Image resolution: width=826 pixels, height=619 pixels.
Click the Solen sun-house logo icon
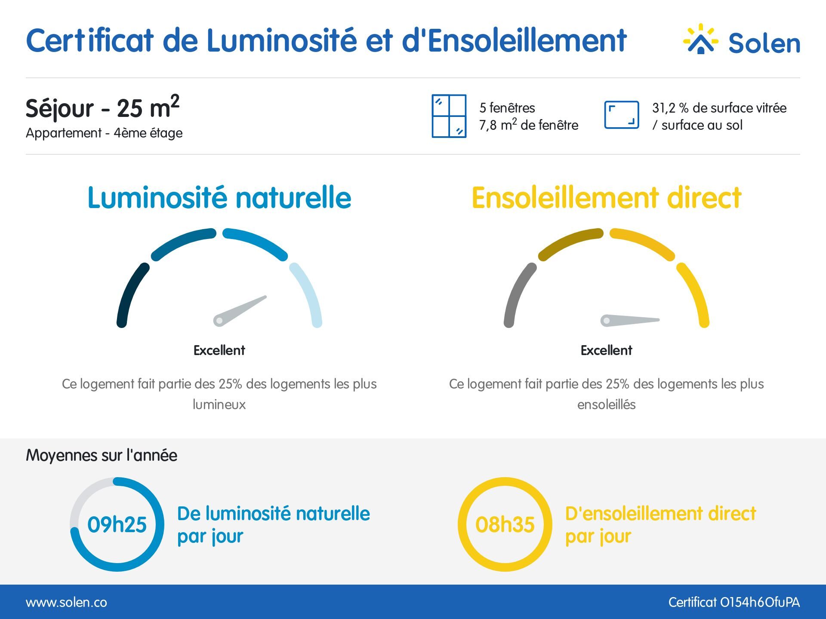[700, 40]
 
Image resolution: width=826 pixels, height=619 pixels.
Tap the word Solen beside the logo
[764, 43]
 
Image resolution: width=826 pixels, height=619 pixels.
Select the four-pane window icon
[449, 116]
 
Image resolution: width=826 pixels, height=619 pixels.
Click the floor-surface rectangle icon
[621, 115]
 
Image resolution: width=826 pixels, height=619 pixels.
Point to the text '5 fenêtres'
[507, 107]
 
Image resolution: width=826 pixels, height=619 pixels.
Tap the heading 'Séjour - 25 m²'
[102, 107]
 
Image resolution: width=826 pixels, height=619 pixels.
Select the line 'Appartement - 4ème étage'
[104, 133]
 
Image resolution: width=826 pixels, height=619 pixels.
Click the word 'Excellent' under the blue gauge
[219, 350]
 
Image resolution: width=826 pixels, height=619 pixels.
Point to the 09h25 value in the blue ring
[117, 524]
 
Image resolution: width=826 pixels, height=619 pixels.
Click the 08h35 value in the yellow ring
[505, 524]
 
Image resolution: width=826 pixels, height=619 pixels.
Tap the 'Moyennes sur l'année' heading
[102, 455]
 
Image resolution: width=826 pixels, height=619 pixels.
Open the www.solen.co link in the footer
[66, 602]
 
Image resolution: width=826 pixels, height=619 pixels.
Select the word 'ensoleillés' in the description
[606, 404]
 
